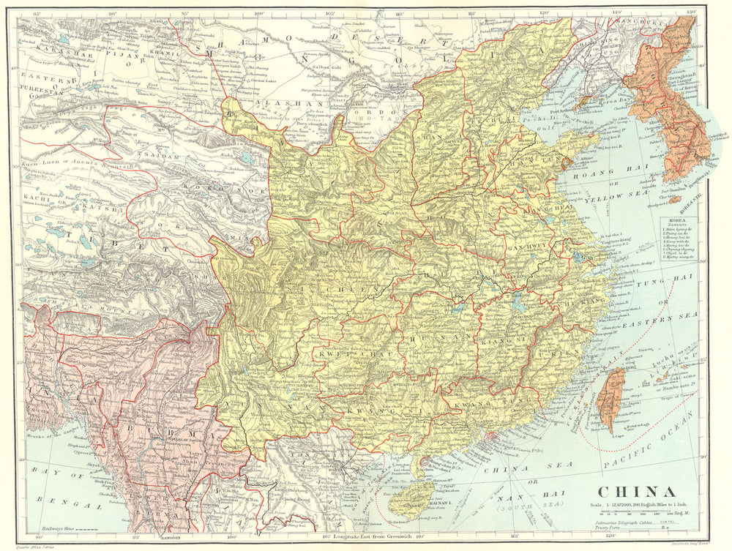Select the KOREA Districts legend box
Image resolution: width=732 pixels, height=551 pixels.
click(x=681, y=239)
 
